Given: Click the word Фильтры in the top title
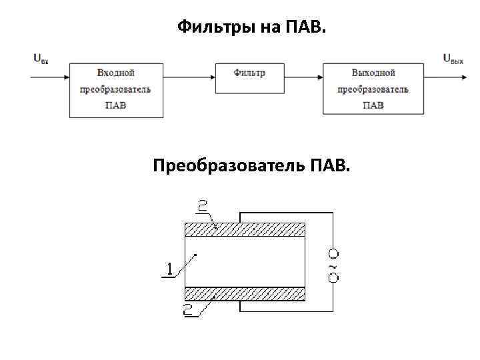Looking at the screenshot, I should coord(209,27).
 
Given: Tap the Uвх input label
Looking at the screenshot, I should coord(41,58).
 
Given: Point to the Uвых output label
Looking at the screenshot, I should coord(453,59).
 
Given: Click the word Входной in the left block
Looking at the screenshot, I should coord(116,73).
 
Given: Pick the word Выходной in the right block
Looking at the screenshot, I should coord(373,73).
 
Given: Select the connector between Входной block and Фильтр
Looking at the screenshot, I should coord(189,77).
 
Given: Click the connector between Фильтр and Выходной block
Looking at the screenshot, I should coord(304,77).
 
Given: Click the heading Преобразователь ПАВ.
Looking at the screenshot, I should coord(250,165).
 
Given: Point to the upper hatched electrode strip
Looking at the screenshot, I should coord(244,230).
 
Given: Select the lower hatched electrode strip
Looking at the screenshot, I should coord(244,293).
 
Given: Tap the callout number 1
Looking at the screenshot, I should coord(169,269).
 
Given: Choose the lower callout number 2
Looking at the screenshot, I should coord(189,308).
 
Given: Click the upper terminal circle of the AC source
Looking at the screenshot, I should coord(333,253).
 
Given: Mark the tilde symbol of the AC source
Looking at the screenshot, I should coord(333,265).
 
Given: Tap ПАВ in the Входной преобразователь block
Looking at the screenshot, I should coord(116,105).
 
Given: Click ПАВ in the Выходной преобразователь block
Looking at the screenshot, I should coord(373,105).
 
